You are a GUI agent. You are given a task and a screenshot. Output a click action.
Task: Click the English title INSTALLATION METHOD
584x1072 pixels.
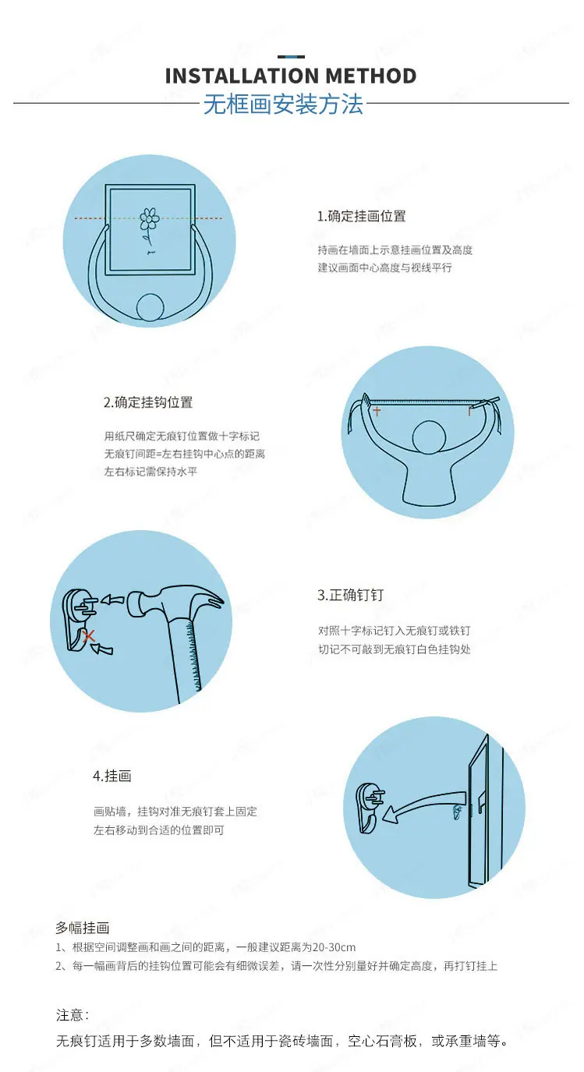pos(291,76)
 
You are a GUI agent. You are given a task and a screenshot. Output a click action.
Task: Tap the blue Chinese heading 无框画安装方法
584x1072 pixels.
pos(283,104)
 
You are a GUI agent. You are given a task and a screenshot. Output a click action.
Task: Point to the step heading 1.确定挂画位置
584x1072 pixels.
pos(362,216)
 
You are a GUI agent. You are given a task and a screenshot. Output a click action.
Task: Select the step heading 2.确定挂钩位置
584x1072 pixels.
pos(148,402)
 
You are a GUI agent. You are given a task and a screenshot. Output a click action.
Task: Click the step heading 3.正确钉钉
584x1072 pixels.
pos(350,595)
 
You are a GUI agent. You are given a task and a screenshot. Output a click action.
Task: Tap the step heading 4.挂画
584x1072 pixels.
pos(112,776)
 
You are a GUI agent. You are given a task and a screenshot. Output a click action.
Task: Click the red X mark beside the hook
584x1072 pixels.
pos(89,636)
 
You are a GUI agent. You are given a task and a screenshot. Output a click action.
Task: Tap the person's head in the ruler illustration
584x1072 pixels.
pos(429,437)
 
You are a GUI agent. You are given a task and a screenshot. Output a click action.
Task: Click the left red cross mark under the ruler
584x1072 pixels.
pos(377,411)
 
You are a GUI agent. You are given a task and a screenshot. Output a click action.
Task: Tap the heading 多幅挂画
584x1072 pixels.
pos(83,928)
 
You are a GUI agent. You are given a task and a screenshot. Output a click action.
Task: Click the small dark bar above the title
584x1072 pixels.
pos(291,56)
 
